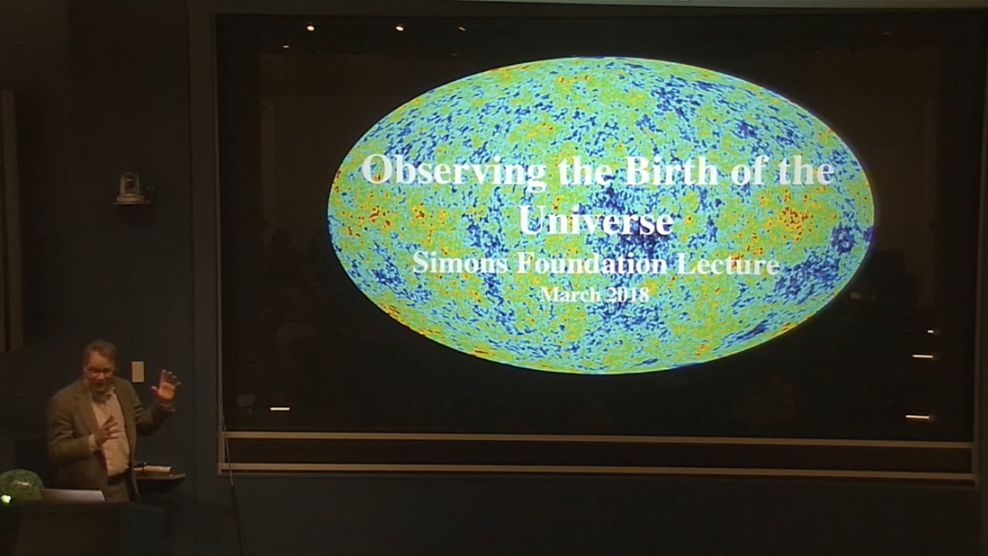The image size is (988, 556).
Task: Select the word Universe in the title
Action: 596,220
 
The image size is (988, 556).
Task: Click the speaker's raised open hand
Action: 167,385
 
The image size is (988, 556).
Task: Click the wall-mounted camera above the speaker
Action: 130,190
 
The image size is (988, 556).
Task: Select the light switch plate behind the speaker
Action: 138,371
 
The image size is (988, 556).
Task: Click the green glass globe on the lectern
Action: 20,485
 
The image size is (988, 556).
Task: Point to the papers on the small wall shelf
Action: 153,470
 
